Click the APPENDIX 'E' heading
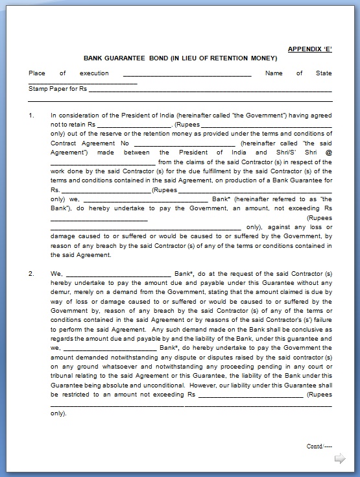pyautogui.click(x=310, y=49)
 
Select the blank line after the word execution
pyautogui.click(x=187, y=74)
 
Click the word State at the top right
pyautogui.click(x=324, y=73)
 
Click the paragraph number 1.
pyautogui.click(x=31, y=115)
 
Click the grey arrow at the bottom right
pyautogui.click(x=339, y=459)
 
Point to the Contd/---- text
pyautogui.click(x=319, y=446)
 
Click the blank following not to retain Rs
pyautogui.click(x=134, y=124)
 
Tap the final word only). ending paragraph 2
pyautogui.click(x=59, y=413)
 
